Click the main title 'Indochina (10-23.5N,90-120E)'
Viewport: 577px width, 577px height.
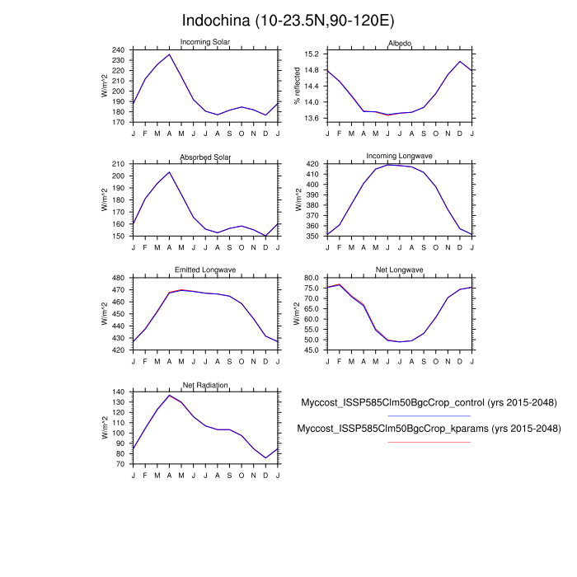click(288, 19)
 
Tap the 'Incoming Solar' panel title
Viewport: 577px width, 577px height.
click(205, 42)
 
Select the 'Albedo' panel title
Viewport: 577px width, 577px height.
click(400, 42)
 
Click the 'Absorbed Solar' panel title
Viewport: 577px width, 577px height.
click(205, 157)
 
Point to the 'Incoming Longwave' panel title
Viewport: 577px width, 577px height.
click(400, 157)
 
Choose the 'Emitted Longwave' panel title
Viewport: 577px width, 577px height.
click(205, 270)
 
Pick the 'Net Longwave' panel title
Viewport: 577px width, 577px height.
click(400, 270)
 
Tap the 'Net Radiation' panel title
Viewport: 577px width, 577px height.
click(205, 385)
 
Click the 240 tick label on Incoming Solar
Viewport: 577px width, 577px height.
click(118, 49)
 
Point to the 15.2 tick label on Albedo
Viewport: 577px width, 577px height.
click(312, 54)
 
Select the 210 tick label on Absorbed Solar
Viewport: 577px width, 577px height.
click(118, 164)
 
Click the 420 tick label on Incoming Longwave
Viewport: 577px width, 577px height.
click(312, 165)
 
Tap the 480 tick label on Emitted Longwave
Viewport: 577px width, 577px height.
click(118, 278)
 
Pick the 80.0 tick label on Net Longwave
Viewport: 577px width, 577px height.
click(311, 278)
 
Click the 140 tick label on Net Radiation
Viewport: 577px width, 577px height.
click(118, 392)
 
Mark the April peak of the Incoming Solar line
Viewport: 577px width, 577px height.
click(169, 54)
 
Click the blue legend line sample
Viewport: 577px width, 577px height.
click(429, 416)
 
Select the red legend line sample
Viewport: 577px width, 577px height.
click(429, 443)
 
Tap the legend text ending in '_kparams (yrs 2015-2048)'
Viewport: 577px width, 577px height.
click(429, 429)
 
